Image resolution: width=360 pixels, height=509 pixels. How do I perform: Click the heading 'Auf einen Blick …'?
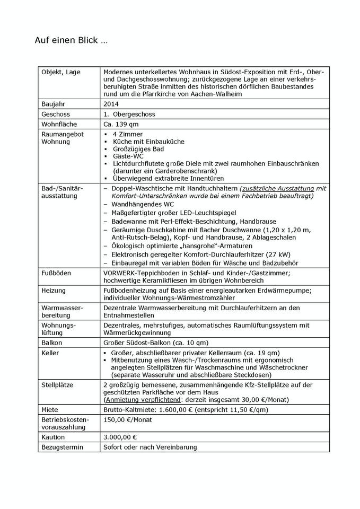pos(71,40)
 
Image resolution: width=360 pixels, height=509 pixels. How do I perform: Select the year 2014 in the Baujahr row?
pos(112,104)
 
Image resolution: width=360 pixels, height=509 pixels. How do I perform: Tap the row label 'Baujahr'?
pos(55,104)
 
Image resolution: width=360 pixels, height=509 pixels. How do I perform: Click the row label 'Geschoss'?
pos(56,114)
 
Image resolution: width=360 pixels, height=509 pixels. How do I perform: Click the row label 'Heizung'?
pos(55,291)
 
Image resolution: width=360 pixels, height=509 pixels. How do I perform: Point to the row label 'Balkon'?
pos(52,343)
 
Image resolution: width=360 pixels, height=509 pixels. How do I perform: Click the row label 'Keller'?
pos(50,353)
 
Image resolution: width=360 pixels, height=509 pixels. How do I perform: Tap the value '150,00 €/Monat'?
pos(128,420)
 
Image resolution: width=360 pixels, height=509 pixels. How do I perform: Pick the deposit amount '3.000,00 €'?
pos(120,437)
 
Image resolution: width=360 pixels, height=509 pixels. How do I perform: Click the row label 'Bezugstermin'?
pos(63,447)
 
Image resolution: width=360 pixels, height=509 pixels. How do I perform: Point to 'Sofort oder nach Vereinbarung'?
pos(150,447)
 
